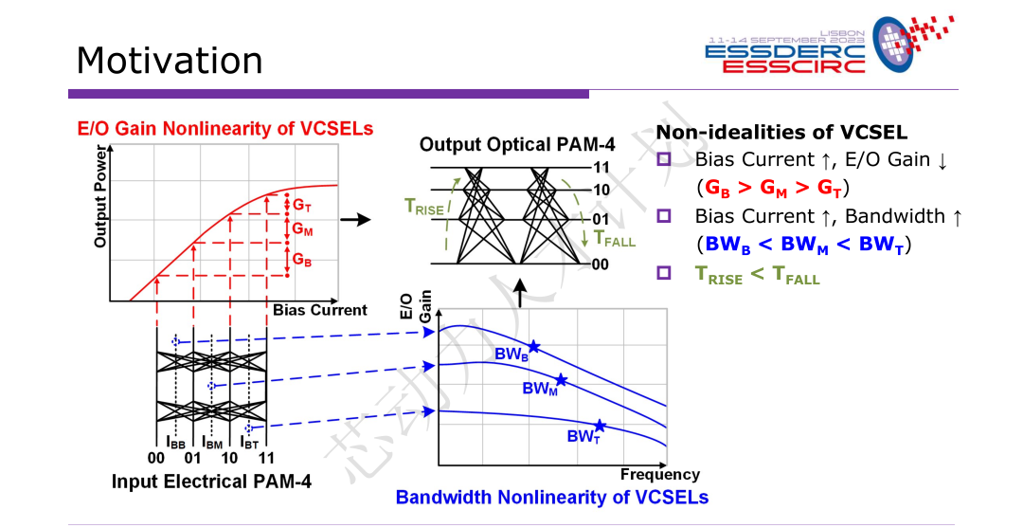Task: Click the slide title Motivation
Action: (169, 61)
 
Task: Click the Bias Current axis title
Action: (320, 310)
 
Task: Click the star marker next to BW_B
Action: (534, 347)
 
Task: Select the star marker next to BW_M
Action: (561, 380)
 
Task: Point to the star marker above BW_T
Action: (600, 426)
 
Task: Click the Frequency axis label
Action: (659, 474)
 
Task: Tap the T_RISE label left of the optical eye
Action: (422, 208)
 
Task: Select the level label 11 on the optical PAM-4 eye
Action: (602, 168)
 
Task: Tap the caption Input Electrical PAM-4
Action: (211, 482)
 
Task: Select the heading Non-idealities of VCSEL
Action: (781, 132)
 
